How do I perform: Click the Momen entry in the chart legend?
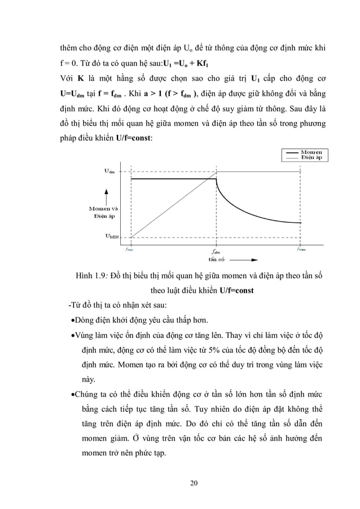point(311,152)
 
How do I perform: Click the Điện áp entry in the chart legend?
point(311,157)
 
